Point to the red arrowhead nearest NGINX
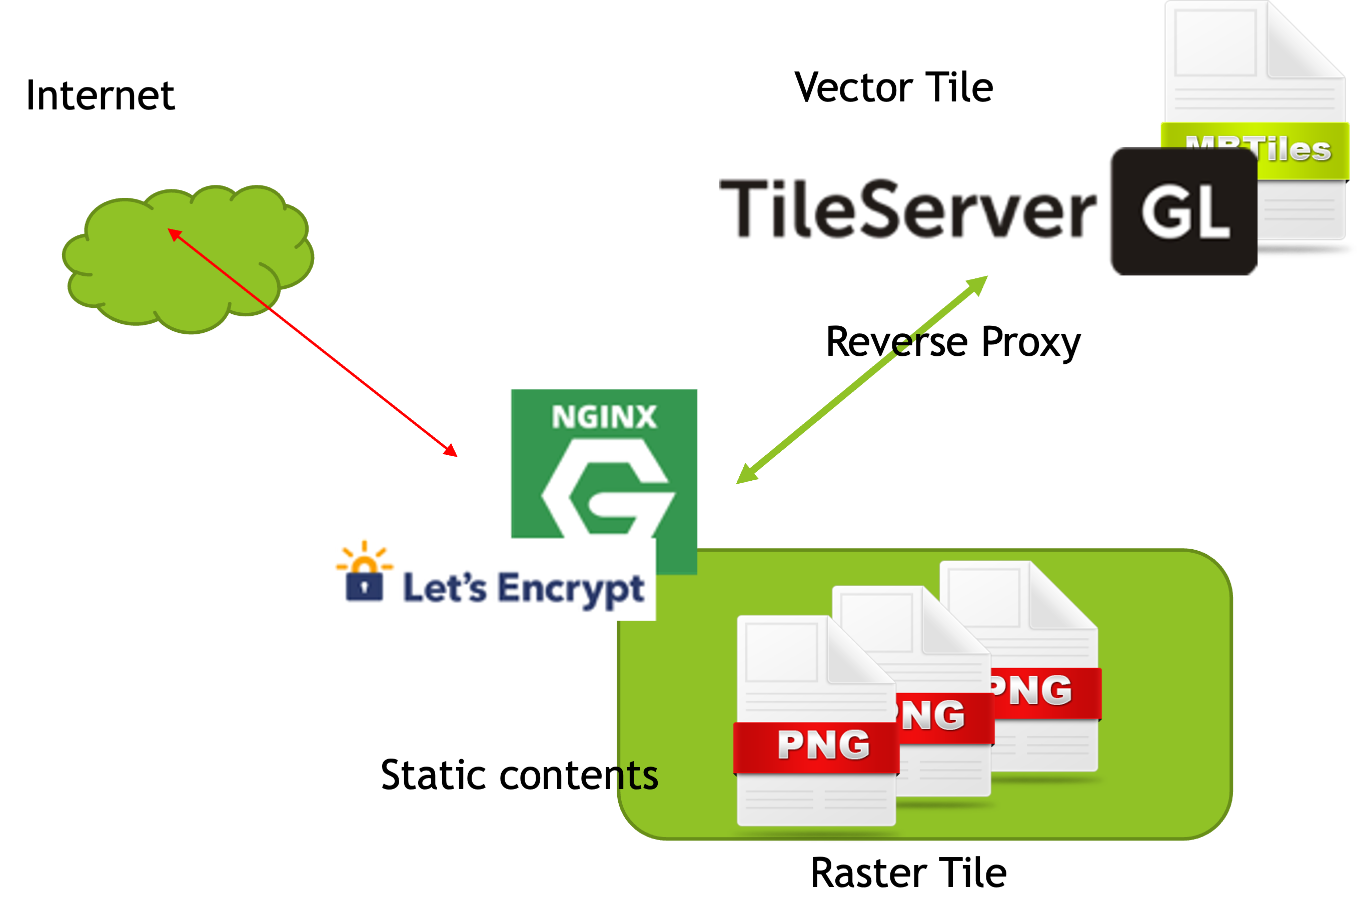point(451,450)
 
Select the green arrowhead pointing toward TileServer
point(978,284)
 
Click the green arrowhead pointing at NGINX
point(745,476)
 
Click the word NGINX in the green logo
point(604,417)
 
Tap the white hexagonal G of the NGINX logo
point(607,490)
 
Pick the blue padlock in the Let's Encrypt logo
point(364,586)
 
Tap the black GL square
point(1183,211)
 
